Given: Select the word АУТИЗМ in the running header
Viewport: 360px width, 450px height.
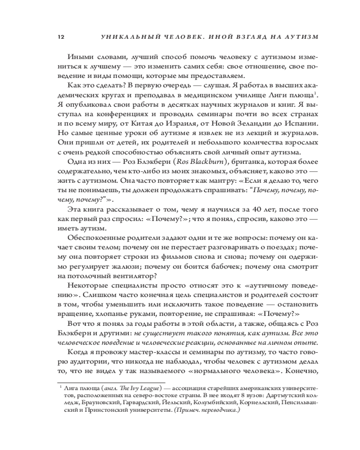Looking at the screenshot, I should [x=299, y=37].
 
